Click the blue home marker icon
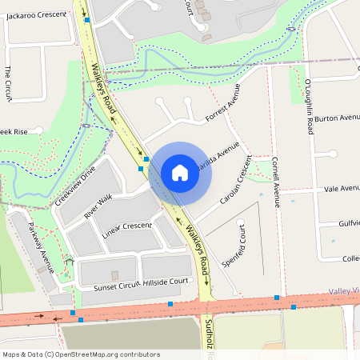(x=180, y=172)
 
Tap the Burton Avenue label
(x=337, y=118)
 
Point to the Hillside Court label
(x=167, y=282)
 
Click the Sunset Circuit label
(x=116, y=286)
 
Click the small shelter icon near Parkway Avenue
(x=70, y=262)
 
